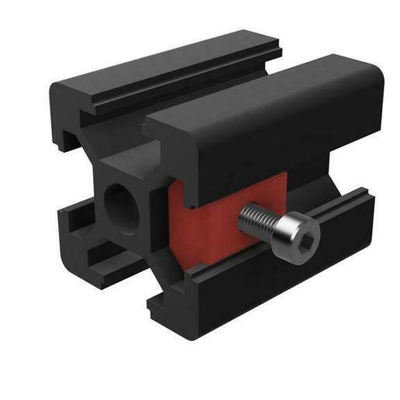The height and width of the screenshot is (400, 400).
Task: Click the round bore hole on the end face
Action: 122,207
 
